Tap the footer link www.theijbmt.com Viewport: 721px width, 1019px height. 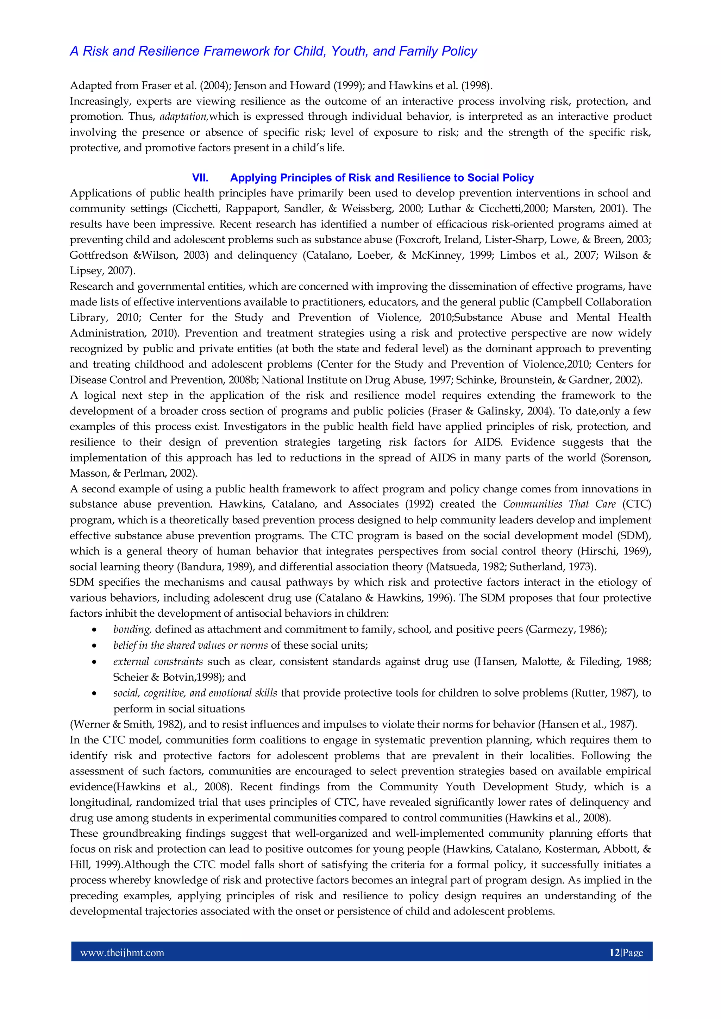tap(122, 953)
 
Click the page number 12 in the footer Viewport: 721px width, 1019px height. tap(614, 953)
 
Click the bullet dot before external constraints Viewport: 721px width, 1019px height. tap(94, 662)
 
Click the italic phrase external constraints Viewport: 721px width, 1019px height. tap(158, 662)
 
